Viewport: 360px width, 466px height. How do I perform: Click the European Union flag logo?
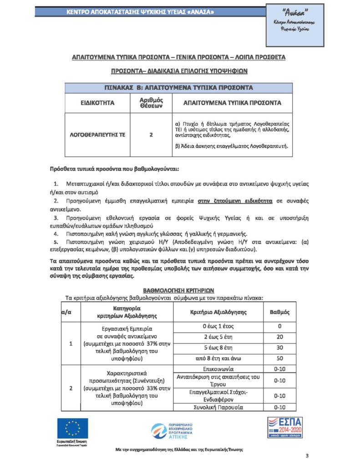click(72, 428)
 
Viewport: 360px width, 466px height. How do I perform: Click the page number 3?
click(307, 456)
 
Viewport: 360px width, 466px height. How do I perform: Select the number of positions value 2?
click(151, 135)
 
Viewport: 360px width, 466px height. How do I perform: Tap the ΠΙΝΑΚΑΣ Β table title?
click(179, 87)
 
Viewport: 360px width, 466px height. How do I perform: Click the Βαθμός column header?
click(280, 313)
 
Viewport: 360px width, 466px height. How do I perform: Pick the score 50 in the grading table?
click(280, 359)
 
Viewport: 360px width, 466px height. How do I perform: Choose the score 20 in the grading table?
click(280, 337)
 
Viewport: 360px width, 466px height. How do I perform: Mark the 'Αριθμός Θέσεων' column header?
click(151, 103)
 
